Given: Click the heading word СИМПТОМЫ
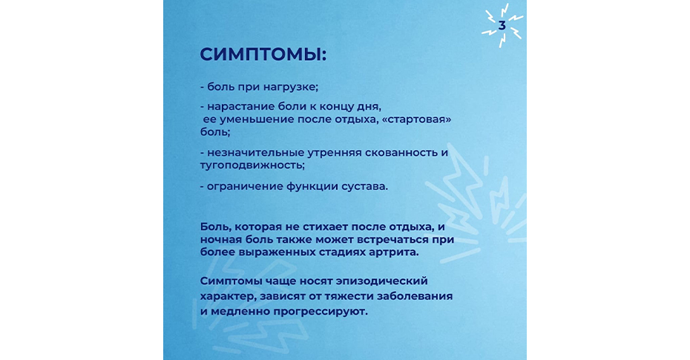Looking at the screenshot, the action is tap(260, 55).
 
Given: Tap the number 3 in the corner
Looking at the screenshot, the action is tap(502, 26).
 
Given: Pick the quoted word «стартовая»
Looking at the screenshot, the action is tap(417, 120).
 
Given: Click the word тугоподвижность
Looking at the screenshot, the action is tap(251, 166).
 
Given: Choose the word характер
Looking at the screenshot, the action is tap(227, 296).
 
